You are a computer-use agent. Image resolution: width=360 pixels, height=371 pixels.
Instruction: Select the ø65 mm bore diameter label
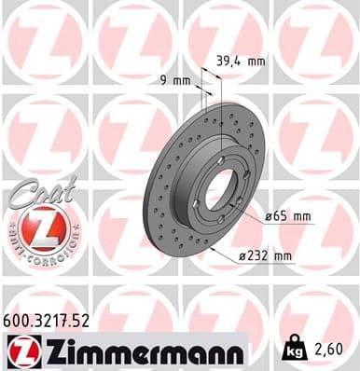pyautogui.click(x=288, y=216)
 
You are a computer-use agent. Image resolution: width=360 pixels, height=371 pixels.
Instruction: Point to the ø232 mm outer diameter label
pyautogui.click(x=265, y=255)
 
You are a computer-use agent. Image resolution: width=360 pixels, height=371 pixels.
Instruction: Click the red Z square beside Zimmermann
pyautogui.click(x=20, y=351)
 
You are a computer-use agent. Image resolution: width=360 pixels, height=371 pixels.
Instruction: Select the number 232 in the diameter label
pyautogui.click(x=259, y=255)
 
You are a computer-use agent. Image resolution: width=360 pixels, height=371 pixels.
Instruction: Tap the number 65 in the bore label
pyautogui.click(x=280, y=216)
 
